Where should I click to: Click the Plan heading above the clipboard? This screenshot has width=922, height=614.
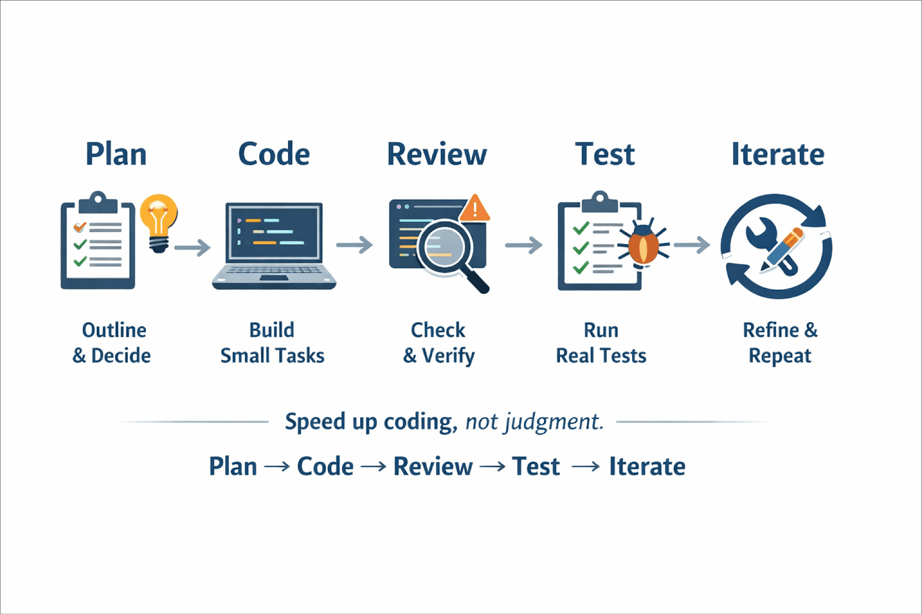point(116,154)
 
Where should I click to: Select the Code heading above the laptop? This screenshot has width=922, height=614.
point(274,154)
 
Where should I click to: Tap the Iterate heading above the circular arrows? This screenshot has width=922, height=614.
point(777,154)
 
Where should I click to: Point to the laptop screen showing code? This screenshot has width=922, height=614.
point(274,232)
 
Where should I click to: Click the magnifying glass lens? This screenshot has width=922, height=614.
point(444,246)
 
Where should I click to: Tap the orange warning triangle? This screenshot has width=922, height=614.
point(474,209)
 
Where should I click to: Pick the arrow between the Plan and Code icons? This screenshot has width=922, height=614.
point(192,248)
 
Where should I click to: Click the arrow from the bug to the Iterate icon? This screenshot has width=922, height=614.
point(691,245)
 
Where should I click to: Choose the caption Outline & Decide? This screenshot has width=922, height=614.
point(112,343)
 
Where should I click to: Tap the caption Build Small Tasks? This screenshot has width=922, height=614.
point(272,343)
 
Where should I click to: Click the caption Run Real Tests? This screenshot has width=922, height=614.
point(601,343)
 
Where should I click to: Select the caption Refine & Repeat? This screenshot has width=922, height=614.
point(780,343)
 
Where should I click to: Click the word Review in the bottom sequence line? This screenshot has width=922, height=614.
point(433,467)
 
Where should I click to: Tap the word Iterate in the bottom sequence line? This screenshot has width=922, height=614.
point(647,467)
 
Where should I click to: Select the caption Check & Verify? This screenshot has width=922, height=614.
point(439,343)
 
